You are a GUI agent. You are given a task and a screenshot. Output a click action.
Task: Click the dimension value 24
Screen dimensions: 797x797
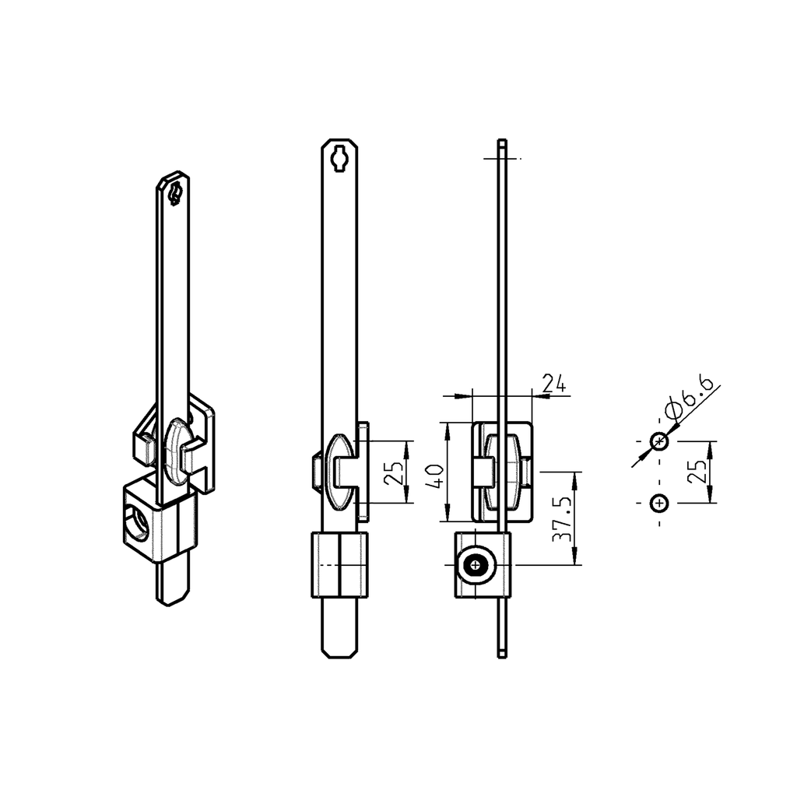pos(553,382)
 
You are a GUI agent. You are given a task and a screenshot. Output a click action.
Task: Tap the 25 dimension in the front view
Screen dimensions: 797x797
pos(395,472)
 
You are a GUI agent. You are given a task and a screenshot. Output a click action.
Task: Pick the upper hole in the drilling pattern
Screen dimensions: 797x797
pos(659,442)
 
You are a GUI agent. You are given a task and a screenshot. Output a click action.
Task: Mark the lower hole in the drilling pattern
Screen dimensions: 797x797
pos(659,504)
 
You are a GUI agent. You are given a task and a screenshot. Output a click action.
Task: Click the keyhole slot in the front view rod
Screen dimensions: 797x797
pos(340,158)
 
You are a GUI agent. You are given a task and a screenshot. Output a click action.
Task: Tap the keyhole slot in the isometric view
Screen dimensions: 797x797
pos(175,192)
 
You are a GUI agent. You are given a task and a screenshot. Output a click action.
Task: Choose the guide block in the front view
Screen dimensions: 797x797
pos(339,565)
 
